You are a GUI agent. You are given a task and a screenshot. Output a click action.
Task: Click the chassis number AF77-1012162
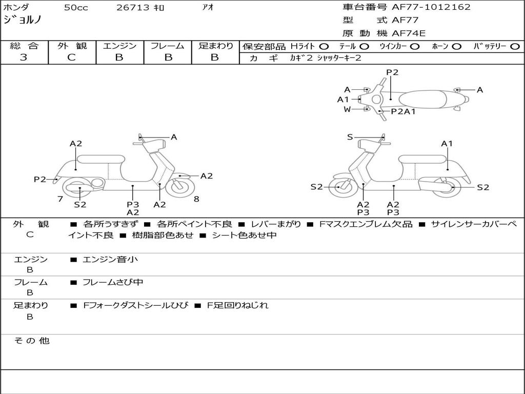431,7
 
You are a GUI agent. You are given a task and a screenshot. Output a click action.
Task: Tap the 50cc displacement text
76,7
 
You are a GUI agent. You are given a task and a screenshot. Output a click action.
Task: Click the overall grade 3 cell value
24,57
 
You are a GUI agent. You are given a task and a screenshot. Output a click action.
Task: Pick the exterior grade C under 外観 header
71,57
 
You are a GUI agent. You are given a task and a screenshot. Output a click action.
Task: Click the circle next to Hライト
324,47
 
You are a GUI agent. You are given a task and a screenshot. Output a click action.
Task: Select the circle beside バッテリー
515,47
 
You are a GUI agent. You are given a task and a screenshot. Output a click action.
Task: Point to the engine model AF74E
409,33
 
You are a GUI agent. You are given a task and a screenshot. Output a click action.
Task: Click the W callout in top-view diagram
347,109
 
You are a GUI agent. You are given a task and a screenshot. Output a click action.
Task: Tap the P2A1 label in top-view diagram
403,111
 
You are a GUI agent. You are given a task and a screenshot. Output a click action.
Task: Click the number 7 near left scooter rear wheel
60,199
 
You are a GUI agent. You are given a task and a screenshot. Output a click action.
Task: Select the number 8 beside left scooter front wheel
196,199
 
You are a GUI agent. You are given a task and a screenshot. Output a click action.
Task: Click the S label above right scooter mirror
350,137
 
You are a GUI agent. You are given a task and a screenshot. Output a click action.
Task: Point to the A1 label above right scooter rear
447,144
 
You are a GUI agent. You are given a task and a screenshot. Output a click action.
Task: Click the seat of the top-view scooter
422,99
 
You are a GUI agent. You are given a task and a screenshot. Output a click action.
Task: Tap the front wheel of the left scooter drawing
180,187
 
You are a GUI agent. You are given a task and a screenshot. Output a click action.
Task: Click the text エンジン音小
110,259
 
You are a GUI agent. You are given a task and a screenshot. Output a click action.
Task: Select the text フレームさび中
113,283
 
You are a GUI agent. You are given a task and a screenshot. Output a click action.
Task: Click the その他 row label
32,341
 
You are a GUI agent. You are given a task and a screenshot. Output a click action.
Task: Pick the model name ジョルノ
23,20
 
